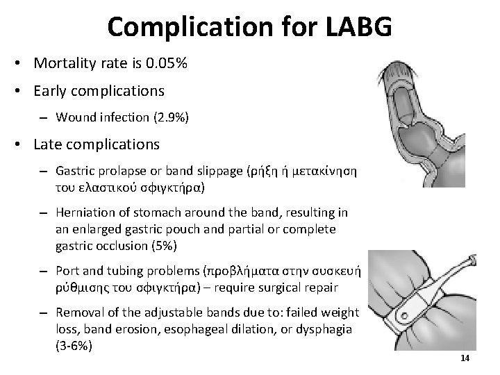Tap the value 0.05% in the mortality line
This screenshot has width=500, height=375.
166,65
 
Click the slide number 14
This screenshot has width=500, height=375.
465,357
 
